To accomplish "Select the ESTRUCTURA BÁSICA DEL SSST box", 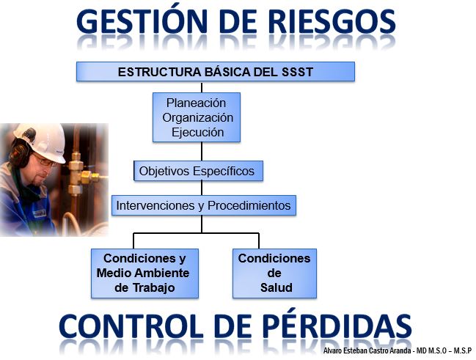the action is click(216, 72).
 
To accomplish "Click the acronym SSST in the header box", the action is click(298, 73).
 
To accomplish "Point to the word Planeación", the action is click(196, 103).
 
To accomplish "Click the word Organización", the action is click(197, 117).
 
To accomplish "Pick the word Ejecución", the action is click(197, 132).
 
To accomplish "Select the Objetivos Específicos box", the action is click(198, 171).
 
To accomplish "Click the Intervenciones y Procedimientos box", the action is click(204, 205).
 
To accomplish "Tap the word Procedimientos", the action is click(249, 205).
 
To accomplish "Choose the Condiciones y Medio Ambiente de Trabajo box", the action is click(144, 273).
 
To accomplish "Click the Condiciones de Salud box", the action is click(274, 273).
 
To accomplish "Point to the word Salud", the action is click(277, 287).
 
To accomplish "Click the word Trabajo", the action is click(153, 287).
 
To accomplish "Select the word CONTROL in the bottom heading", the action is click(131, 326).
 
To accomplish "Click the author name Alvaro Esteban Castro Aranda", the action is click(367, 350).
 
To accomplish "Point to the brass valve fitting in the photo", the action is click(81, 174).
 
